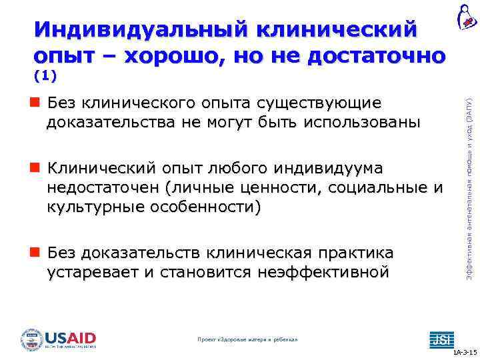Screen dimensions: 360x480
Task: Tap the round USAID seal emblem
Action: [31, 339]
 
